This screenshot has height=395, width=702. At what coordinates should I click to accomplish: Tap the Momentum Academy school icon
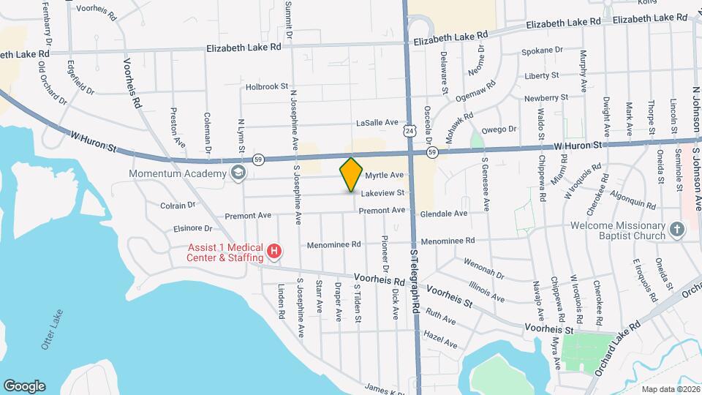pos(238,173)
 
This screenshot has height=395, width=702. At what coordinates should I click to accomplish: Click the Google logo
pos(23,385)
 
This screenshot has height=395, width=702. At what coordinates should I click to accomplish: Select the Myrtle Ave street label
pos(385,176)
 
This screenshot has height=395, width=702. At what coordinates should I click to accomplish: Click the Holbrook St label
pos(268,86)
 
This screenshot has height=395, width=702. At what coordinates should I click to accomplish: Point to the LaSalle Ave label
pos(377,123)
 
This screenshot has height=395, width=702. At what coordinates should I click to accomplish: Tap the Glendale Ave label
pos(444,214)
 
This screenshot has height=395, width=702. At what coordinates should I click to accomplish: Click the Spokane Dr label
pos(542,51)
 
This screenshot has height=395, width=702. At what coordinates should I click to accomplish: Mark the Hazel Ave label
pos(440,340)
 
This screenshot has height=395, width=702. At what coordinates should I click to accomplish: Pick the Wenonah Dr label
pos(483,268)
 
